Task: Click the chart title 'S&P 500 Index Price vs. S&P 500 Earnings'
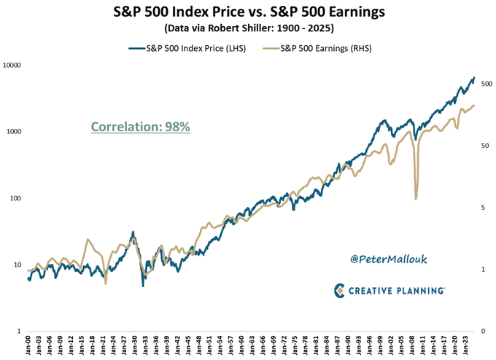248,12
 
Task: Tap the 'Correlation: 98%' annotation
140,127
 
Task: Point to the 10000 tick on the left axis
14,66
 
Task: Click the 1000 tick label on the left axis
16,132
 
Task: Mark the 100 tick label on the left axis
18,198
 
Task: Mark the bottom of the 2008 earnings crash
416,199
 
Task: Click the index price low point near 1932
143,286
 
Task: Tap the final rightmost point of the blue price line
474,77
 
